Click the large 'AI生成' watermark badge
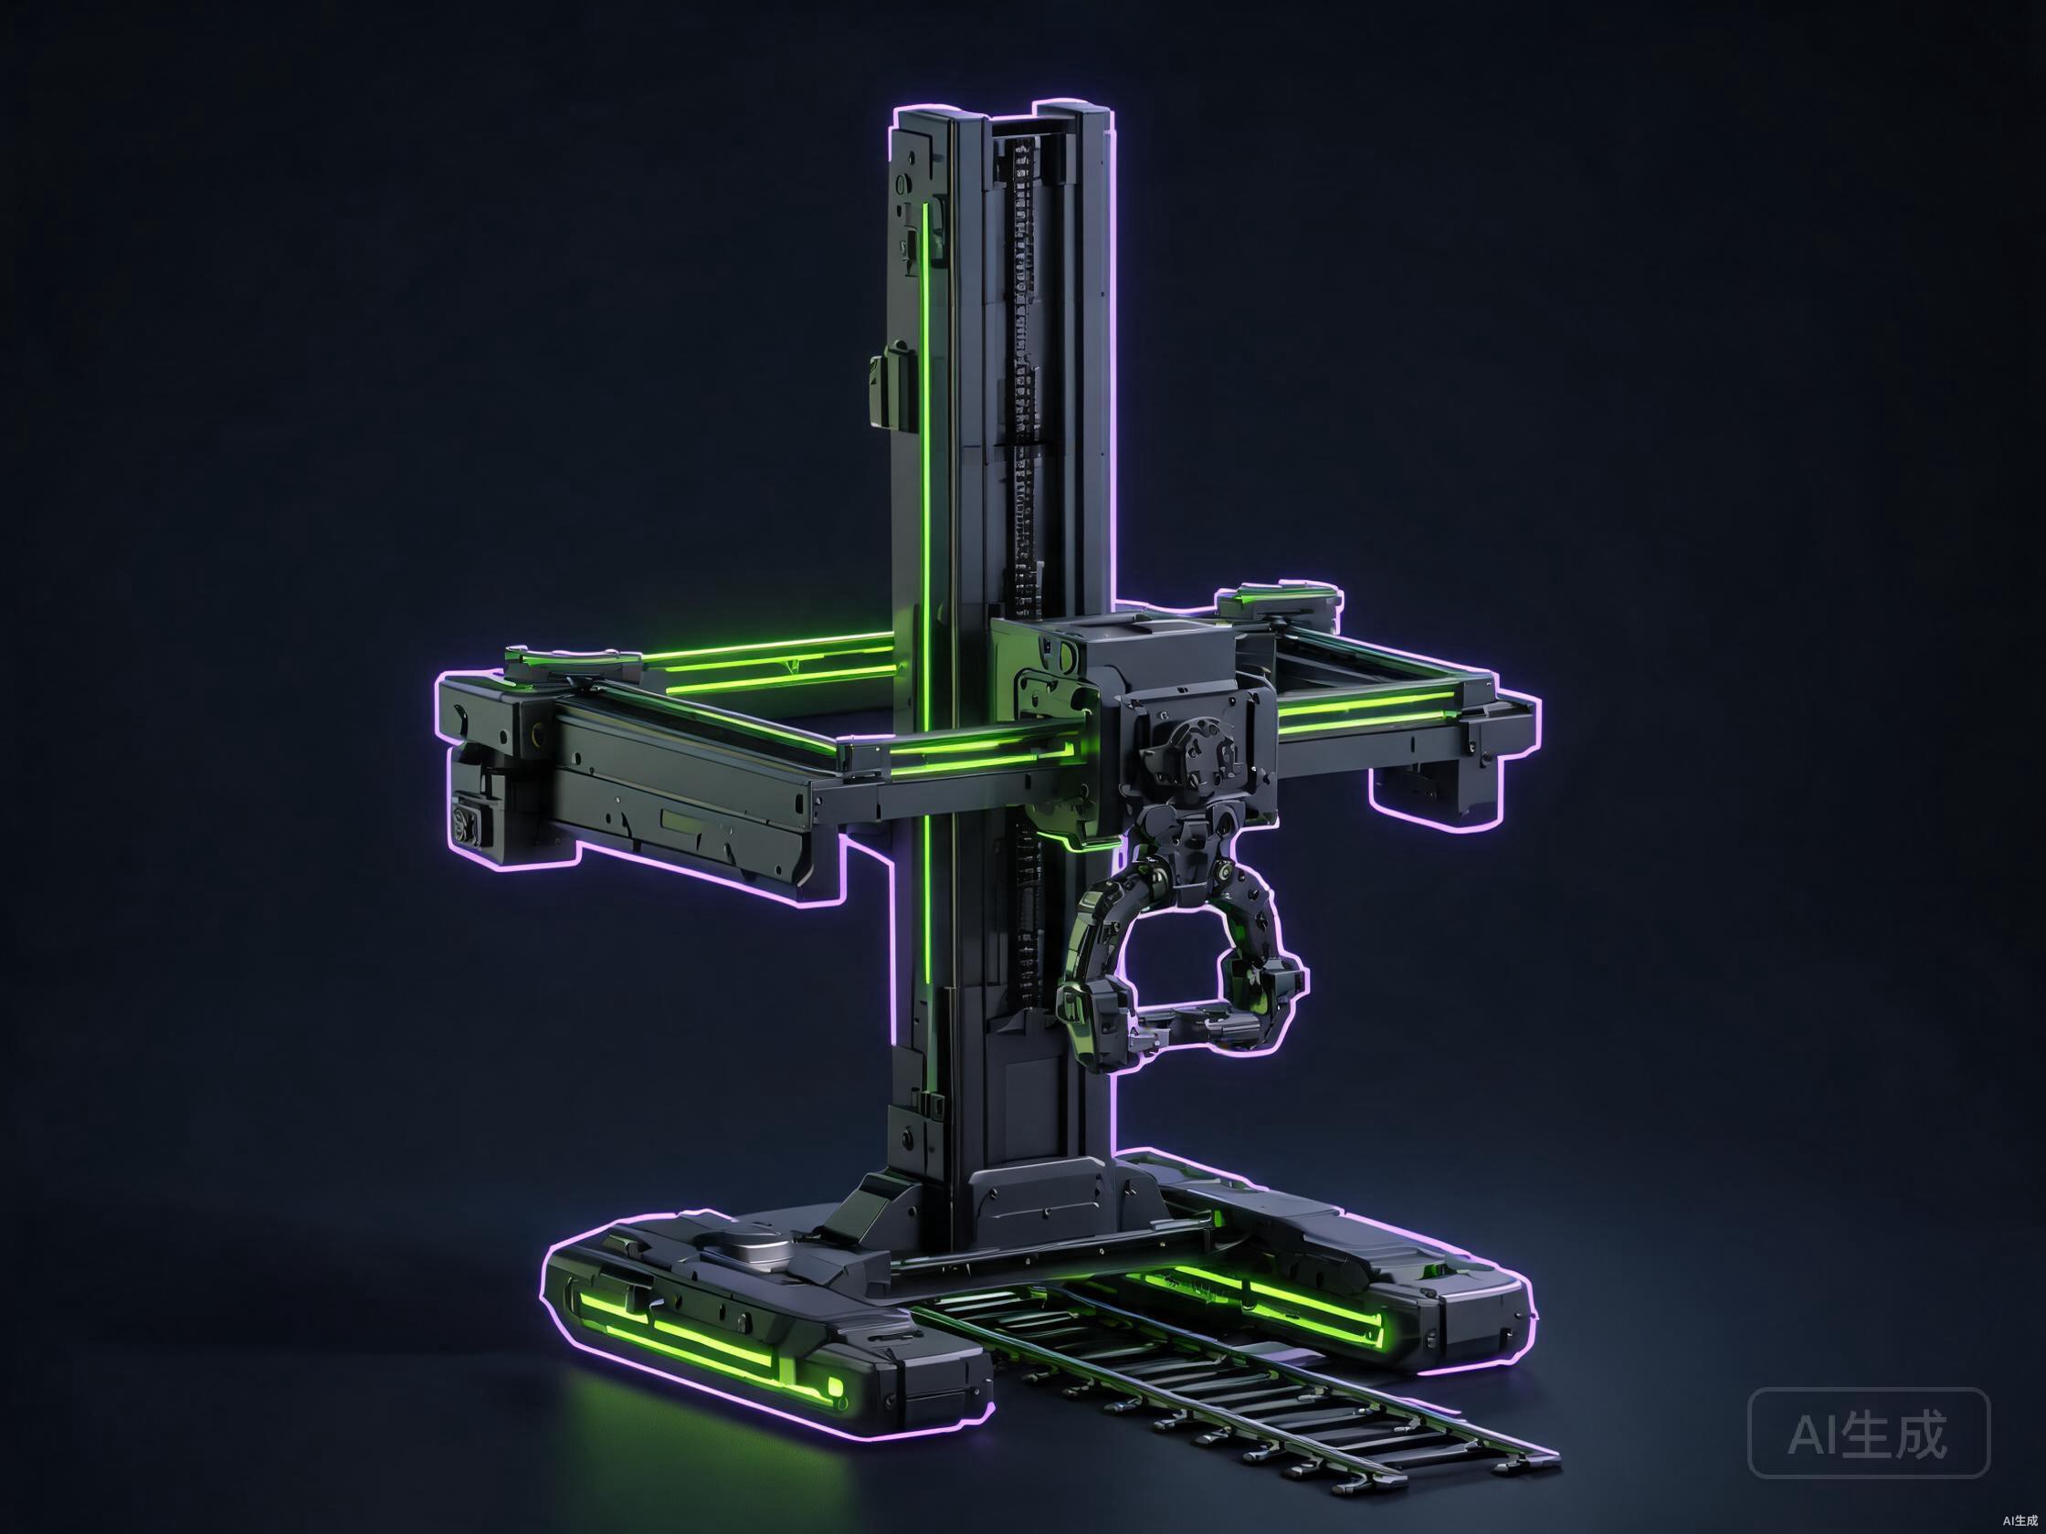[1869, 1433]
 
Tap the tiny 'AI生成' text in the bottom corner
[2020, 1519]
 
